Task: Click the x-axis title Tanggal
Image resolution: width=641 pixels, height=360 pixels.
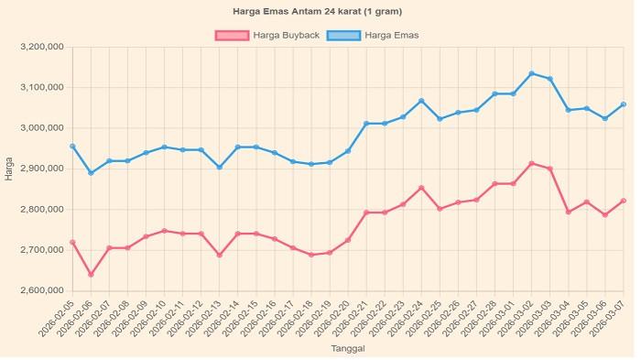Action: [x=347, y=349]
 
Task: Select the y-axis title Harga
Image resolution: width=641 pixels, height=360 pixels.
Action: [x=9, y=169]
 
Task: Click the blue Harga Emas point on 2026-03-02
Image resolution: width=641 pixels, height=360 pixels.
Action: [x=531, y=73]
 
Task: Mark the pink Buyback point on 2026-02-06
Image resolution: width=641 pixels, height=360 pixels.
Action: [x=91, y=274]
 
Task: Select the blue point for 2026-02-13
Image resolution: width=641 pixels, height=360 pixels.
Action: [x=219, y=167]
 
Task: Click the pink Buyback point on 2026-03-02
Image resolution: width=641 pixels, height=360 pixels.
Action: [x=531, y=164]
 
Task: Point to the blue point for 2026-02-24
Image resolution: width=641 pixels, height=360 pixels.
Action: [x=421, y=101]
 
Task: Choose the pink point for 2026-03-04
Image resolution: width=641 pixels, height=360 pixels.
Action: [x=568, y=212]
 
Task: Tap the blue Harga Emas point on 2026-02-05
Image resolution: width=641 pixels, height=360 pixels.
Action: [x=72, y=146]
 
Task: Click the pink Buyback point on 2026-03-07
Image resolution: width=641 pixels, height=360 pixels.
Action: [x=624, y=201]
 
